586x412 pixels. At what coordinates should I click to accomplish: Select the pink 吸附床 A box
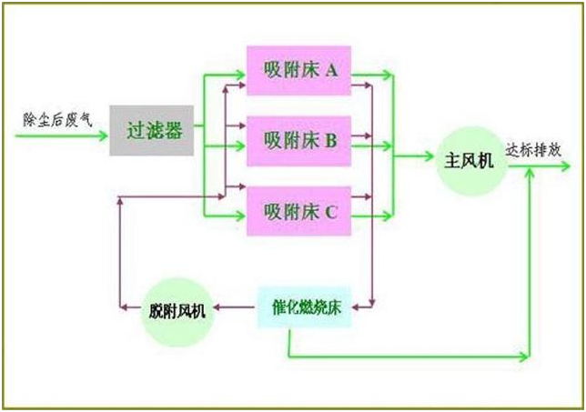click(300, 68)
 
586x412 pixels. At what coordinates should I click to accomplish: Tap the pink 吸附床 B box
click(300, 140)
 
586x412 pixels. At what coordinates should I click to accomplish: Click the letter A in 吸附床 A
click(333, 68)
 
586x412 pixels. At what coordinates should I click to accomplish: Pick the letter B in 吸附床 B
click(331, 140)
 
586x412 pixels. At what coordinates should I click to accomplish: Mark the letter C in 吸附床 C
click(331, 212)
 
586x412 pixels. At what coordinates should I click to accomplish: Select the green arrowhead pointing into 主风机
click(429, 156)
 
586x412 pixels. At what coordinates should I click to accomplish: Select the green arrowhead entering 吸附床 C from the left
click(241, 218)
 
